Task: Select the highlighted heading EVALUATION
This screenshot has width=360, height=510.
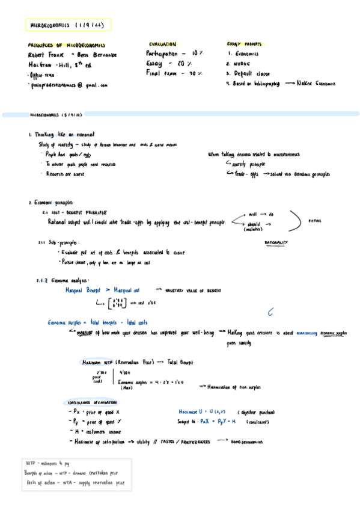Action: click(x=162, y=44)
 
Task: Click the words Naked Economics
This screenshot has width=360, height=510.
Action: click(x=316, y=84)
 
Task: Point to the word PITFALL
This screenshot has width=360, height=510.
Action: click(x=315, y=220)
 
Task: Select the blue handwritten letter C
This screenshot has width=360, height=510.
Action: click(x=270, y=312)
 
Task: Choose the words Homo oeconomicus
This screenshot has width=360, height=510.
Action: click(x=248, y=441)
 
